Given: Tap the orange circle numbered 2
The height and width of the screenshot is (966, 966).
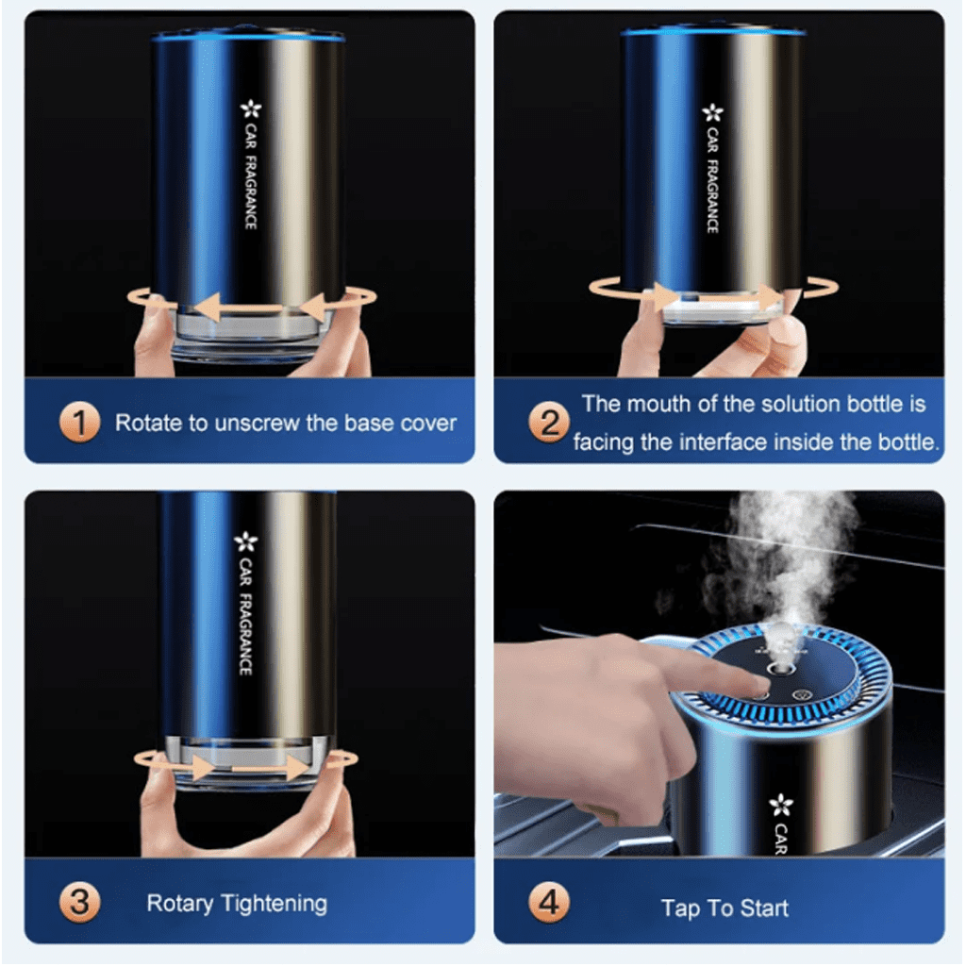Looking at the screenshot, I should tap(549, 424).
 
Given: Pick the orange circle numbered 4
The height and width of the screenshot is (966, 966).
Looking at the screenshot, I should tap(549, 905).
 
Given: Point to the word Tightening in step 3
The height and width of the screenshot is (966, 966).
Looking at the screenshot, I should tap(275, 904).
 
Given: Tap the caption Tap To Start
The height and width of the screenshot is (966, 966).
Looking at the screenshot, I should tap(724, 908).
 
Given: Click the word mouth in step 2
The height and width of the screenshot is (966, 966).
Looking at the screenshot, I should tap(658, 404).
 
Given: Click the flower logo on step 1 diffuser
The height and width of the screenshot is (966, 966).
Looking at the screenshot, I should tap(250, 110).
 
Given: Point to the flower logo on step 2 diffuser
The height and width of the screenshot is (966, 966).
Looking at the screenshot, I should tap(711, 113).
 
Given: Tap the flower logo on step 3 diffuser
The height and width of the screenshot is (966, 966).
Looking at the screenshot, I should tap(246, 541).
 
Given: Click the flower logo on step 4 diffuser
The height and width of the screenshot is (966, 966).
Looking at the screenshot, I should tap(781, 805).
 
